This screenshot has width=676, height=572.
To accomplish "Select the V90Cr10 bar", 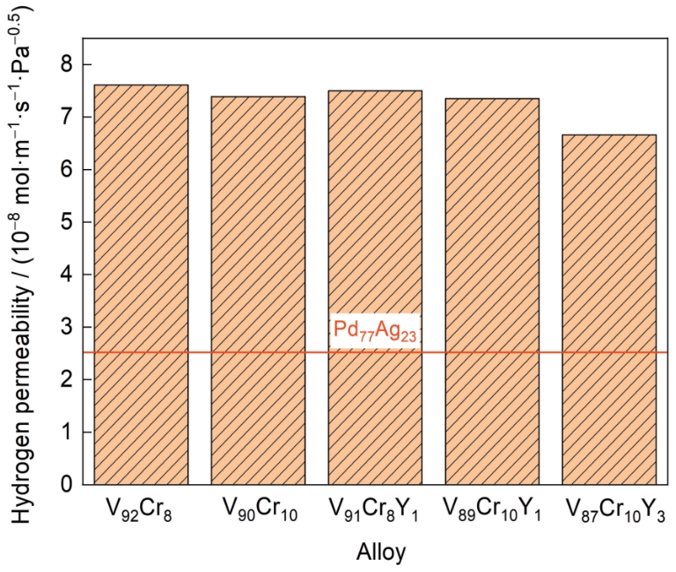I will pyautogui.click(x=258, y=290).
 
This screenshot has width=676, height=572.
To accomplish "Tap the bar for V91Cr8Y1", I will pyautogui.click(x=375, y=287).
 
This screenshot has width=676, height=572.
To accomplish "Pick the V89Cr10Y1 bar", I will pyautogui.click(x=492, y=291).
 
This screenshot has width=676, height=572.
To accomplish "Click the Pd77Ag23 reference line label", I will pyautogui.click(x=374, y=330).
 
